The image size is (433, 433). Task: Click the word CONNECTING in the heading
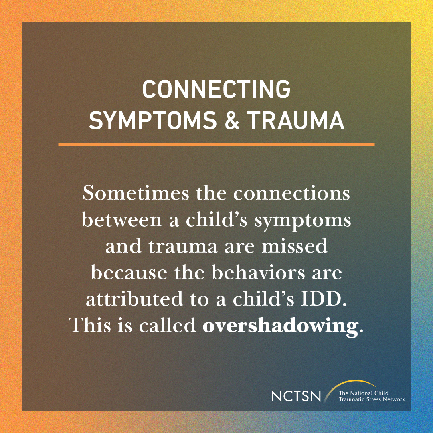[216, 89]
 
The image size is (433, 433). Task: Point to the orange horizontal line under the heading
[216, 144]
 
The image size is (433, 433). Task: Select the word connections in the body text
[292, 194]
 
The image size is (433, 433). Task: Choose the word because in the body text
[123, 273]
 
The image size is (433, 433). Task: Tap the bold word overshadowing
[280, 326]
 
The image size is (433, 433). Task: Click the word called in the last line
[168, 326]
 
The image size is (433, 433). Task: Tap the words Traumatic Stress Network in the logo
[372, 399]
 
